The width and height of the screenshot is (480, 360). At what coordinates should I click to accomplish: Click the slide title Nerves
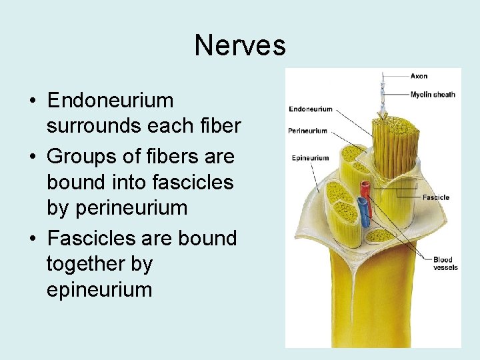[x=240, y=46]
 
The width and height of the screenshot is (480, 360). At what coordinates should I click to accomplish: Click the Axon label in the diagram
[x=419, y=76]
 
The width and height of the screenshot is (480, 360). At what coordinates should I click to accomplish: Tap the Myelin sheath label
[x=433, y=94]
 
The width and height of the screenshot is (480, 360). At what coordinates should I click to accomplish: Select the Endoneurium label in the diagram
[x=311, y=109]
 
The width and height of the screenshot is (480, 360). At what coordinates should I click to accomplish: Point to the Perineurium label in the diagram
[x=308, y=131]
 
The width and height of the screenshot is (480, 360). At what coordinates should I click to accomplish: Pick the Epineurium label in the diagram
[x=311, y=158]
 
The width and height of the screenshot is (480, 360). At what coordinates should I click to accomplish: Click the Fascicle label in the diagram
[x=436, y=197]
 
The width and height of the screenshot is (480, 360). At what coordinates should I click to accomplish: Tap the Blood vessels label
[x=443, y=263]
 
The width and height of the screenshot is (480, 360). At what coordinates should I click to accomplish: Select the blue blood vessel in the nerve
[x=363, y=212]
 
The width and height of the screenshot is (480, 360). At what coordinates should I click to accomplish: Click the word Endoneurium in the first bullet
[x=110, y=101]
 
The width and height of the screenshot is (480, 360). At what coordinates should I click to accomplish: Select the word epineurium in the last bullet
[x=99, y=290]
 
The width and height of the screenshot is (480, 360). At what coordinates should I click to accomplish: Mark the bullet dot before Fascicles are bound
[x=32, y=239]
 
